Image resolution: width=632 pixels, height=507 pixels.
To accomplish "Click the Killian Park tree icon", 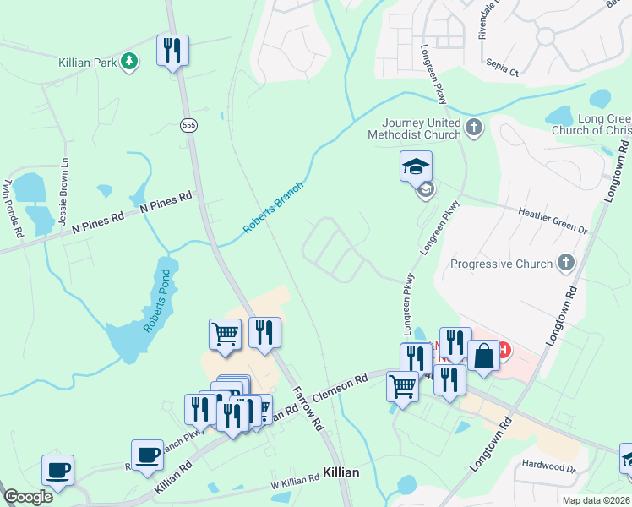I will click(x=129, y=62).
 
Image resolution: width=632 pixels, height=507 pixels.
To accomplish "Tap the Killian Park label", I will click(x=87, y=63).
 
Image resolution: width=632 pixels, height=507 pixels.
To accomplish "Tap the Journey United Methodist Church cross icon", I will click(x=474, y=128).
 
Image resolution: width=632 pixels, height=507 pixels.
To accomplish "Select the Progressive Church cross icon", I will click(x=565, y=264).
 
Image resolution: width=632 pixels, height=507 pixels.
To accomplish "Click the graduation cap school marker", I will click(x=416, y=166).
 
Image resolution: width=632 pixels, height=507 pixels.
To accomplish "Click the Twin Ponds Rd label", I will click(x=10, y=204).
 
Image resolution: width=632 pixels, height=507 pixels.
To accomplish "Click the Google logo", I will click(x=28, y=497).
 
